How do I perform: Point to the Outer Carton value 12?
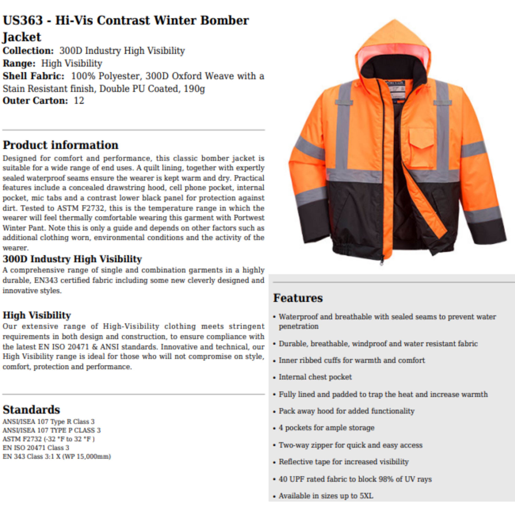[x=79, y=101]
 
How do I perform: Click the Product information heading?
[x=60, y=145]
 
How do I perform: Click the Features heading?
[x=298, y=298]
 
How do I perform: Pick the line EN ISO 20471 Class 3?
[x=36, y=448]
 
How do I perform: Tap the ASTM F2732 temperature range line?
[x=49, y=439]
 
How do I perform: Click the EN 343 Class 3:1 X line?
[x=56, y=456]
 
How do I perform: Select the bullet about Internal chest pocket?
[x=315, y=377]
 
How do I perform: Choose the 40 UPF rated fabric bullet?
[x=355, y=479]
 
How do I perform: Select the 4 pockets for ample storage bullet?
[x=327, y=428]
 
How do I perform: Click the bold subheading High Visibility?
[x=37, y=315]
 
